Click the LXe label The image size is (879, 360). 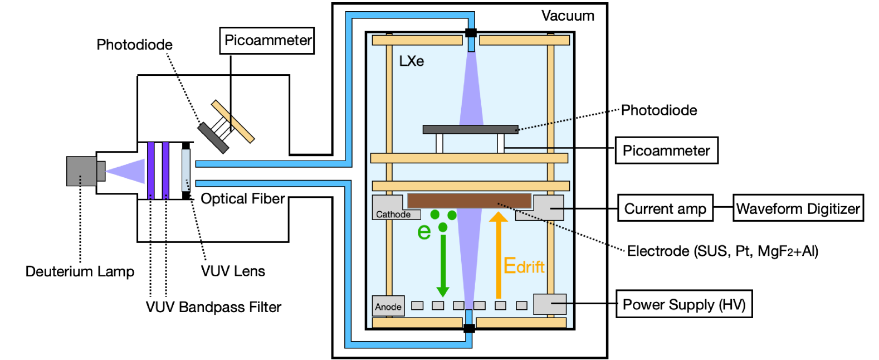[412, 61]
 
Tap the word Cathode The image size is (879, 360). [393, 215]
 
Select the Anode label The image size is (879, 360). [388, 307]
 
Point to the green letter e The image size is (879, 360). [424, 231]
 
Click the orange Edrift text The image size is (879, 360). [524, 266]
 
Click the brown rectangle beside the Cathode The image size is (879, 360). [469, 201]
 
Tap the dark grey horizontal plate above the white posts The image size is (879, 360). [470, 130]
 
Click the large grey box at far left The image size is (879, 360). [81, 171]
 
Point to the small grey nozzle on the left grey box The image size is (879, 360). [101, 171]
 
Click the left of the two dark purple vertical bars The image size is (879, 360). [151, 170]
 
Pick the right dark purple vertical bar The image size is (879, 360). [165, 170]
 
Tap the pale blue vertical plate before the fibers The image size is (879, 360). [185, 170]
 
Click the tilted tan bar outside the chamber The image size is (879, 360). [233, 121]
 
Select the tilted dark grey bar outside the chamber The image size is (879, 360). [213, 138]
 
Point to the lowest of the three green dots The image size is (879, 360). [443, 227]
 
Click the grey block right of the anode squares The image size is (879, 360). [549, 304]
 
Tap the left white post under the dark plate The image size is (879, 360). [440, 143]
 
